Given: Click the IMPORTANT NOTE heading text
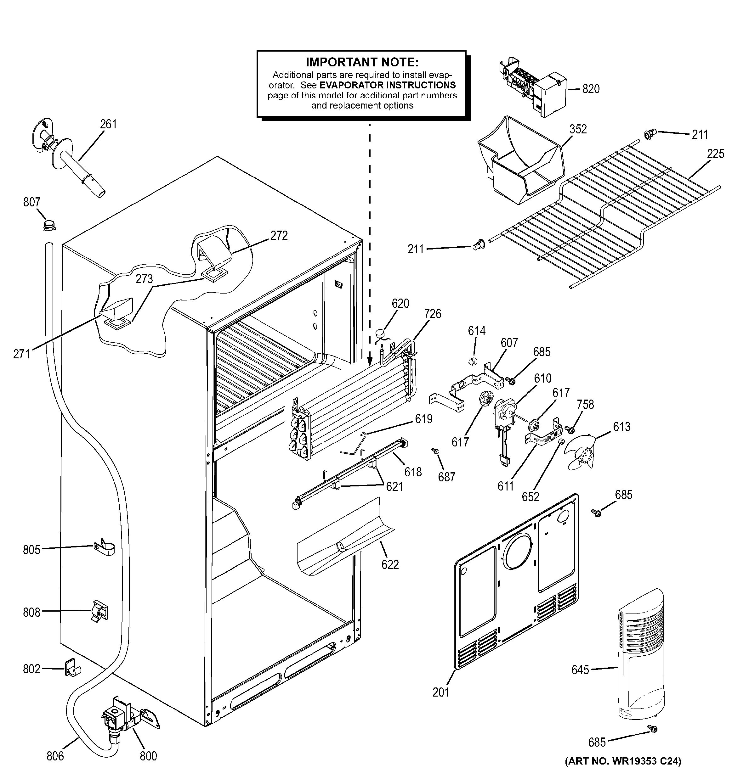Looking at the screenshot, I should pyautogui.click(x=362, y=62).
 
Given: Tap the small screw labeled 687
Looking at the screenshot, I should pyautogui.click(x=435, y=451).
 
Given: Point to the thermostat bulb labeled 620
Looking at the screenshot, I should pyautogui.click(x=382, y=333).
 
